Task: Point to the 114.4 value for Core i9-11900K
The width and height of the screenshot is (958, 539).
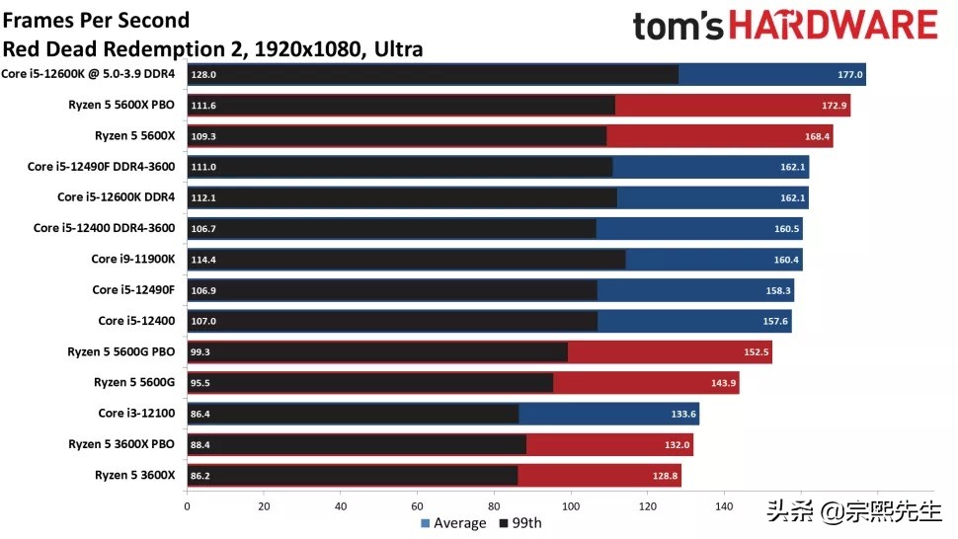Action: (203, 260)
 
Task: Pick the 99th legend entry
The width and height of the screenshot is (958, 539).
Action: (520, 523)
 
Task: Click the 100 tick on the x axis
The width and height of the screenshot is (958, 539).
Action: (571, 506)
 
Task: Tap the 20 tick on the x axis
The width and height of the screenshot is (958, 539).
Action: (264, 506)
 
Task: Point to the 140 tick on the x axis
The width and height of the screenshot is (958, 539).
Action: (724, 506)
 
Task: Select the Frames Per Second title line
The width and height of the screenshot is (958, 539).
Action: (97, 20)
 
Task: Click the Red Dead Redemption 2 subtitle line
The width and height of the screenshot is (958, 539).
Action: (212, 48)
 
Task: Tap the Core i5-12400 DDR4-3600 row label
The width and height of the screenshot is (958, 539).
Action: (104, 228)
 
